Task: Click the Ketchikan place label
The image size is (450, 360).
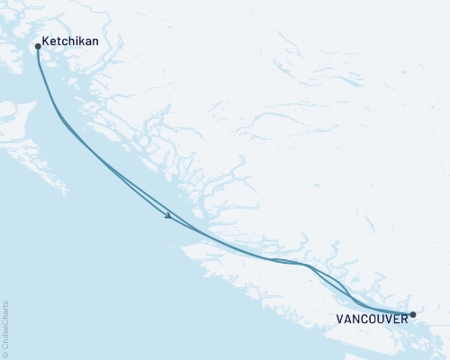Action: pyautogui.click(x=70, y=42)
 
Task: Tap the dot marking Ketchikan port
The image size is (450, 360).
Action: pyautogui.click(x=37, y=46)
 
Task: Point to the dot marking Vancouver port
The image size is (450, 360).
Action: pyautogui.click(x=412, y=315)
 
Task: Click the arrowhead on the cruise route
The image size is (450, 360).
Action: pyautogui.click(x=168, y=216)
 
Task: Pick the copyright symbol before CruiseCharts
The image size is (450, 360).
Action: pyautogui.click(x=5, y=354)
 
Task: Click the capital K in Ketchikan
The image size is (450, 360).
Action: pyautogui.click(x=46, y=42)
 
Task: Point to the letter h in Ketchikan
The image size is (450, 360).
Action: pyautogui.click(x=69, y=42)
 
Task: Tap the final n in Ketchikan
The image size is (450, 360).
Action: pyautogui.click(x=94, y=42)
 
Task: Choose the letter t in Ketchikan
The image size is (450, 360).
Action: pyautogui.click(x=58, y=42)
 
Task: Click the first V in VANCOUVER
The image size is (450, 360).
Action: pyautogui.click(x=339, y=318)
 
